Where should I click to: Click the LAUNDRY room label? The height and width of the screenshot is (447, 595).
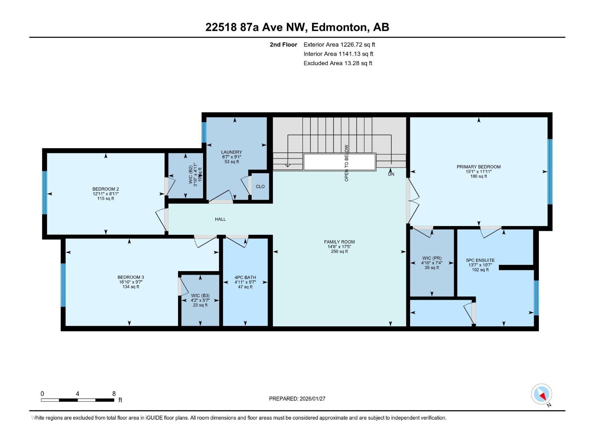click(231, 152)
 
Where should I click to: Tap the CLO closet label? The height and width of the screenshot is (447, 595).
click(260, 186)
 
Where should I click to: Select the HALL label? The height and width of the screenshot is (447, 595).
click(220, 219)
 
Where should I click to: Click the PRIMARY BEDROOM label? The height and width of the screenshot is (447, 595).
click(479, 167)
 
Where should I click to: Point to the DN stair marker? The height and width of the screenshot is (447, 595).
click(391, 174)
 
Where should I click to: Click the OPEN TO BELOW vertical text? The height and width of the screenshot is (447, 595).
click(347, 163)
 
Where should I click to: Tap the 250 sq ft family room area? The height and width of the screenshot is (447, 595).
click(339, 251)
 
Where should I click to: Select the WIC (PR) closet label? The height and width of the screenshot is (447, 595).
click(432, 258)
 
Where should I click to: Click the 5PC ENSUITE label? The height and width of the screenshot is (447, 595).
click(480, 260)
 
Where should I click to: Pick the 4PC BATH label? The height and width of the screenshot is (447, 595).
click(245, 278)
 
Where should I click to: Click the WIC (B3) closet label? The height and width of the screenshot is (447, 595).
click(200, 295)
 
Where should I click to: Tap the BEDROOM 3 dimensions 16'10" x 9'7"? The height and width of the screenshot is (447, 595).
click(131, 282)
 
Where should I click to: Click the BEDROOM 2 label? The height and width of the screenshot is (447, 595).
click(106, 189)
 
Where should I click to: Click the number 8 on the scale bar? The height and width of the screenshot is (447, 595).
click(114, 394)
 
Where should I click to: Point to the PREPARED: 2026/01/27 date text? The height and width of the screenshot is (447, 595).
click(297, 399)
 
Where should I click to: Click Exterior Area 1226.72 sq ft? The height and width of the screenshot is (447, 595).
click(339, 45)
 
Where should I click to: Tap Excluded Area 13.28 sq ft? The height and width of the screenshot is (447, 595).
click(338, 63)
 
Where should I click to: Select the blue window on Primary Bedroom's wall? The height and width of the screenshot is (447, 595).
click(550, 172)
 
